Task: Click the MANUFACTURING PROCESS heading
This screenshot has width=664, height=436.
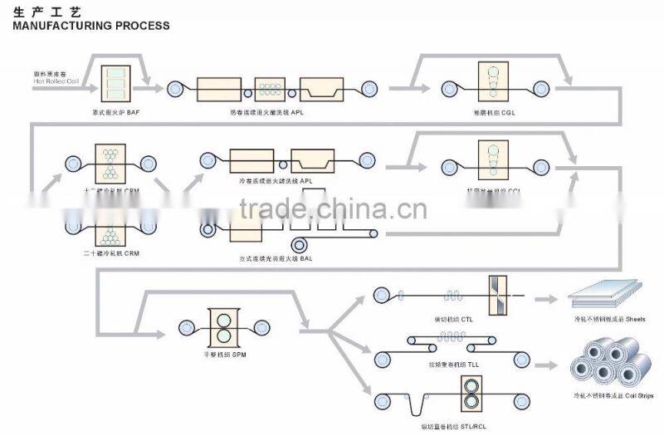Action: pos(91,26)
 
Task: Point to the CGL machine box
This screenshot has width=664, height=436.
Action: pos(496,85)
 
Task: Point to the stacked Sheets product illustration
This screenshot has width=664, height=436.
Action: pos(607,296)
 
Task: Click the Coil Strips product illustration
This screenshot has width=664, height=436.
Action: pos(608,362)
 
